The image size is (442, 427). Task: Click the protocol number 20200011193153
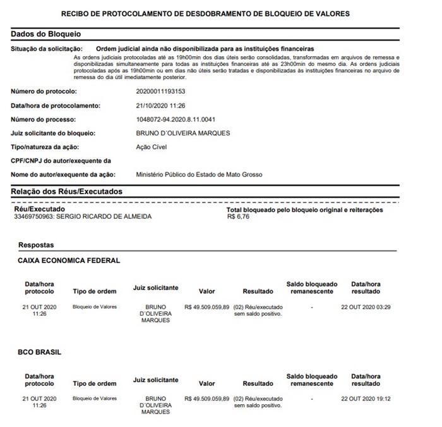[161, 92]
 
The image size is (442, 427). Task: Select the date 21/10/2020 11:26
[161, 106]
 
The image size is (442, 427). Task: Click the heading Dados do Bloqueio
[46, 34]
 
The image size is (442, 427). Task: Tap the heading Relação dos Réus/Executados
[66, 191]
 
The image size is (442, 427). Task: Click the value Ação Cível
[152, 147]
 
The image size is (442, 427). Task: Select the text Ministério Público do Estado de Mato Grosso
[199, 174]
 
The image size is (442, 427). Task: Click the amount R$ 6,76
[237, 216]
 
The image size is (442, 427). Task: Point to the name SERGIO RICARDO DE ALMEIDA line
[82, 216]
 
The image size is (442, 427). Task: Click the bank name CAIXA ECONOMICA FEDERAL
[69, 260]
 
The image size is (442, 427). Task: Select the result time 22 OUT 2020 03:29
[366, 307]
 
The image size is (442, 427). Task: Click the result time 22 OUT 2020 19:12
[366, 399]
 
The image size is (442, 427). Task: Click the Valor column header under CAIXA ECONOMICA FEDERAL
[207, 292]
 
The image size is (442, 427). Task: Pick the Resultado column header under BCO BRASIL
[258, 383]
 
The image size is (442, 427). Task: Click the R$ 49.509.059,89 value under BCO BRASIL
[206, 399]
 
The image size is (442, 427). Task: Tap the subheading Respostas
[36, 245]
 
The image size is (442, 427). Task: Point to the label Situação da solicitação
[47, 49]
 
